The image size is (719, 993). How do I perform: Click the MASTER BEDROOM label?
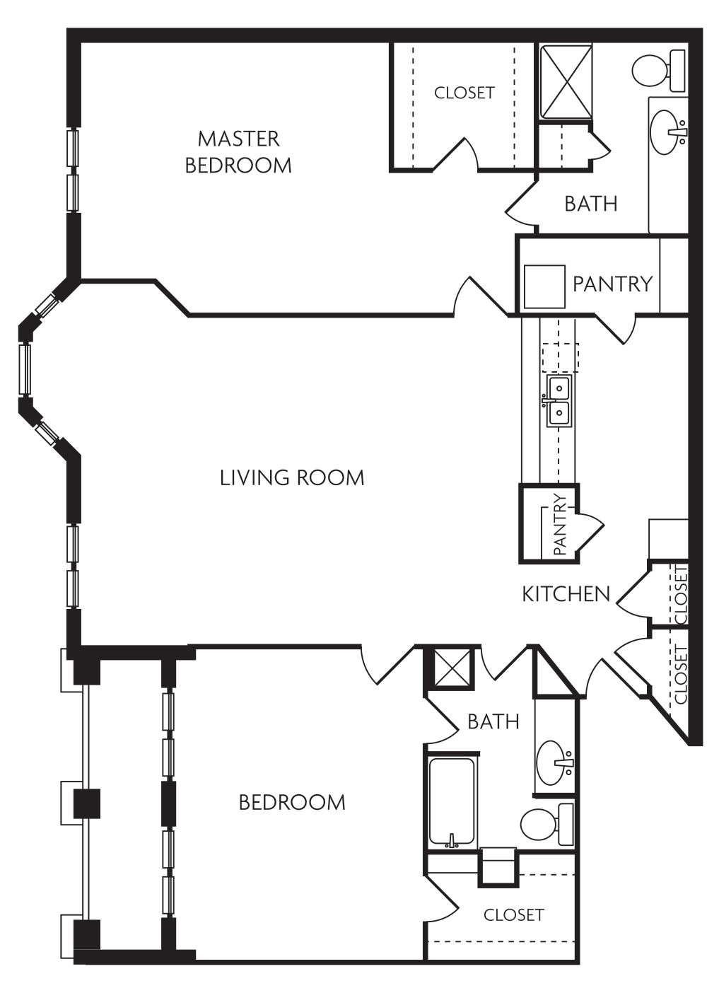coord(238,151)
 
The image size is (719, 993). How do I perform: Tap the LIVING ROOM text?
coord(292,478)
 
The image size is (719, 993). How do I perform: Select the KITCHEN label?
coord(566,594)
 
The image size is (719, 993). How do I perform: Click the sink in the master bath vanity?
coord(667,132)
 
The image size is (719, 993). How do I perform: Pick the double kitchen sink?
coord(558,401)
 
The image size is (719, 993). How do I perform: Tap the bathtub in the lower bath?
coord(451,802)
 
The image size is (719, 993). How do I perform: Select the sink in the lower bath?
coord(555,763)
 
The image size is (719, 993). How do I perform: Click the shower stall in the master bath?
coord(566,81)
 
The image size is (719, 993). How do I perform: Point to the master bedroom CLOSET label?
coord(464,93)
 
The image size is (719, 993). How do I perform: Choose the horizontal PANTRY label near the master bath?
coord(612,284)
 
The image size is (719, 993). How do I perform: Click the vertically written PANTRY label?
coord(559,523)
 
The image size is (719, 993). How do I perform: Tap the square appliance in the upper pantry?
coord(544,286)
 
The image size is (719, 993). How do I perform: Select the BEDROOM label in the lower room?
coord(292,803)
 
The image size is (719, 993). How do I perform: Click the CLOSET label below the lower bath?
coord(513,915)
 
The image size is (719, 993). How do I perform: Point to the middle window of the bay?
coord(26,369)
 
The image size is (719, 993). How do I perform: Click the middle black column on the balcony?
coord(87,803)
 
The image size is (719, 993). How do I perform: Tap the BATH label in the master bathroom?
coord(590,204)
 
